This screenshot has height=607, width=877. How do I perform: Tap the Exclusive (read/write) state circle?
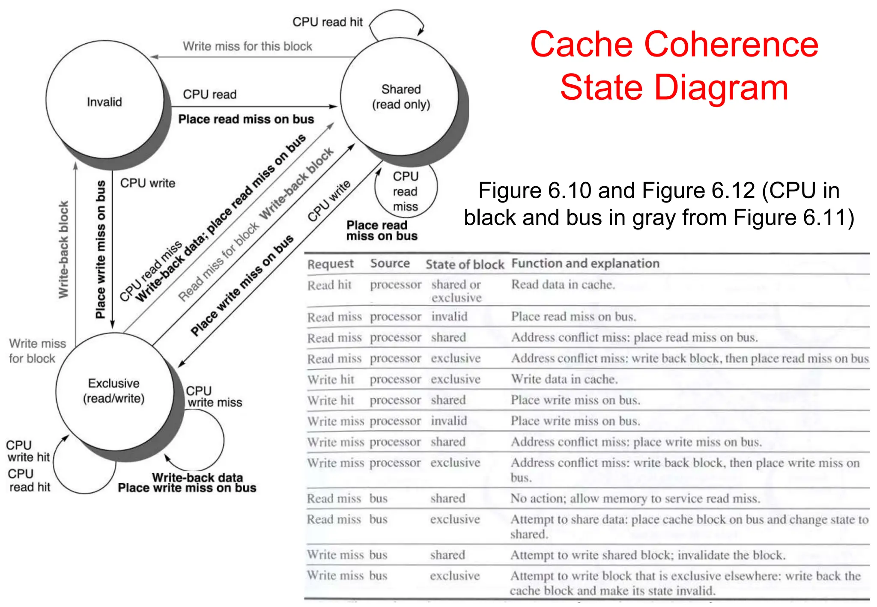tap(114, 391)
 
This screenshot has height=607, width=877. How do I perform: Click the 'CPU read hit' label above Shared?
tap(327, 22)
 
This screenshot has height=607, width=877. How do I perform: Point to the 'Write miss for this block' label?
tap(248, 46)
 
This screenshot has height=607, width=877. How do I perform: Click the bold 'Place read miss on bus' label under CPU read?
tap(246, 119)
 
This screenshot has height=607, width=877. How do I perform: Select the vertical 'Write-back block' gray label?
tap(63, 250)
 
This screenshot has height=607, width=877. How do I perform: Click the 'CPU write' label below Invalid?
tap(147, 183)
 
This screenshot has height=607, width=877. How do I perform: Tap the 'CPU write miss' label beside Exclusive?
tap(214, 397)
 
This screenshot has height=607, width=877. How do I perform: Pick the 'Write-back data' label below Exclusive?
tap(197, 477)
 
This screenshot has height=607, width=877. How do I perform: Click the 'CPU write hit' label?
tap(28, 451)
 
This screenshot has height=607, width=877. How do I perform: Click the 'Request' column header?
tap(331, 264)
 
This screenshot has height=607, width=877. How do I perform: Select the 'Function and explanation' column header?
tap(585, 263)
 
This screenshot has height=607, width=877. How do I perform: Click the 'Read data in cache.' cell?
tap(563, 285)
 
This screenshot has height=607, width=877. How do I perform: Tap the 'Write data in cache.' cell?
tap(564, 379)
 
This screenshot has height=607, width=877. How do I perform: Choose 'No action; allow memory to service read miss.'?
tap(635, 498)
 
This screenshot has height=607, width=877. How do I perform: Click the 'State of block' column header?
tap(465, 265)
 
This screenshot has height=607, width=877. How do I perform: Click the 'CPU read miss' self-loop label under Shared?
tap(405, 191)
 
